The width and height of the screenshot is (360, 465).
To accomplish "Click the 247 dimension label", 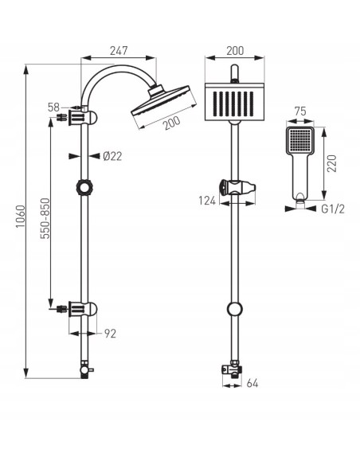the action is point(119,51).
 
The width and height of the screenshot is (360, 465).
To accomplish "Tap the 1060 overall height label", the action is point(21,217).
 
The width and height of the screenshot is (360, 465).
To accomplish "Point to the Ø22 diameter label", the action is point(112,156).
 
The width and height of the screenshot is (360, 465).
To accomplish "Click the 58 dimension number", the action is point(53,107).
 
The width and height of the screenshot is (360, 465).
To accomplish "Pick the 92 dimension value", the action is point(110,334).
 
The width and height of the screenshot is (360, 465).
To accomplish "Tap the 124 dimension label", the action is point(207,201).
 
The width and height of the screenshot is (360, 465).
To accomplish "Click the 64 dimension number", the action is point(252,383).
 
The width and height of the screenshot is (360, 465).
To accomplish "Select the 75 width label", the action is point(300,111).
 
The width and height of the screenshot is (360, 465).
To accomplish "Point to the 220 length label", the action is point(332,163).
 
